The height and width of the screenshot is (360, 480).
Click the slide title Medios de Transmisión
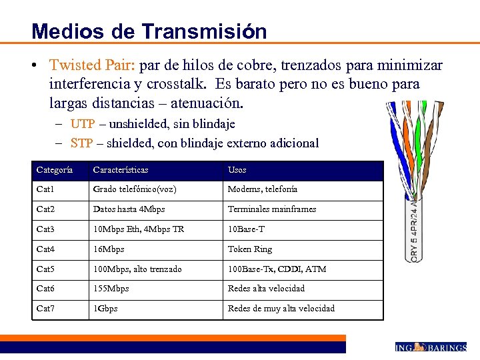(x=149, y=31)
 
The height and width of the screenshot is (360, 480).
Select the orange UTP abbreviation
(x=83, y=123)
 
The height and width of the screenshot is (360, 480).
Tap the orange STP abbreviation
(x=82, y=143)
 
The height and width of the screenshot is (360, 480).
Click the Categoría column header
(x=55, y=170)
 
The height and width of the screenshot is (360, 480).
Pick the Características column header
(x=121, y=170)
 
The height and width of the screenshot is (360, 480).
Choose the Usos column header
(x=237, y=170)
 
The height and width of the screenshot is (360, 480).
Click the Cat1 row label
(x=45, y=189)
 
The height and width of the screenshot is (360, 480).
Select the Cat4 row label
(x=45, y=249)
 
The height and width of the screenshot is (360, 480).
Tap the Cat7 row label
(x=45, y=309)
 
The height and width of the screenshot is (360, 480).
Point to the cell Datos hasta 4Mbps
(x=128, y=209)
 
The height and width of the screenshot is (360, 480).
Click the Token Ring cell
(x=250, y=249)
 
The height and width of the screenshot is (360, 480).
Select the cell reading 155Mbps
(x=111, y=289)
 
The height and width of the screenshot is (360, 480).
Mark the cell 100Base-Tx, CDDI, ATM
(x=277, y=269)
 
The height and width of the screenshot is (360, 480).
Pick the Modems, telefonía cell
(x=263, y=189)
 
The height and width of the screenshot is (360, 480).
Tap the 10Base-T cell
(x=246, y=229)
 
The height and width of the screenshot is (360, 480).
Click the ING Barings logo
(x=430, y=347)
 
